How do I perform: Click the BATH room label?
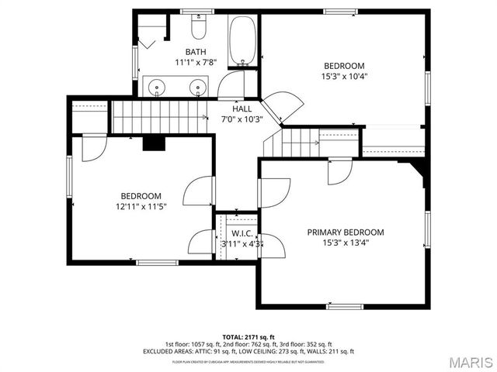(x=196, y=52)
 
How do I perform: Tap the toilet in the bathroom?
(x=198, y=29)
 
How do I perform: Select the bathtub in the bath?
(x=242, y=41)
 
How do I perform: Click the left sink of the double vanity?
(x=155, y=87)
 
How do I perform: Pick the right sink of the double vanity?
(x=201, y=87)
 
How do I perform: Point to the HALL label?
(x=242, y=109)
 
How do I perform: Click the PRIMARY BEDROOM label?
(x=345, y=232)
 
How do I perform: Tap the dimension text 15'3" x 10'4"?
(x=343, y=77)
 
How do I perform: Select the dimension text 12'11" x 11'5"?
(x=141, y=206)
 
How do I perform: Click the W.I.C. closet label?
(x=242, y=233)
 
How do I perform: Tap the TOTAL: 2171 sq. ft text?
(x=248, y=337)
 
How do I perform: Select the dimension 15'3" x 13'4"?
(x=345, y=243)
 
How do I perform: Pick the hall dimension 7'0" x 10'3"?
(x=242, y=119)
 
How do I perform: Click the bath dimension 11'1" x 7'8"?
(x=196, y=62)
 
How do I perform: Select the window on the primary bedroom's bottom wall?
(x=345, y=306)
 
